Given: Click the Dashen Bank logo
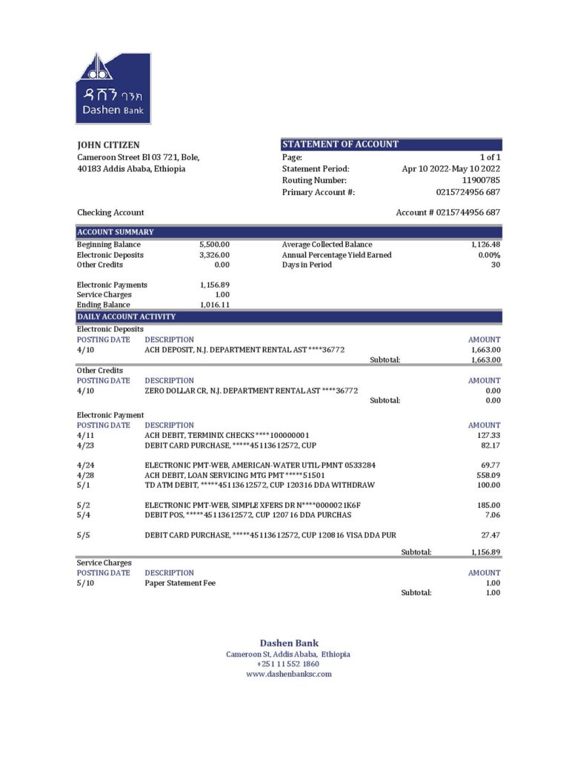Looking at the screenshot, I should pyautogui.click(x=113, y=88).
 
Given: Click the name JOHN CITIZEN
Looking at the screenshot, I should pyautogui.click(x=108, y=145).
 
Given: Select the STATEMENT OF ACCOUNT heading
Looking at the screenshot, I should pyautogui.click(x=340, y=145).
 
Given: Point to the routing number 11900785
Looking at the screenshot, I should pyautogui.click(x=481, y=180).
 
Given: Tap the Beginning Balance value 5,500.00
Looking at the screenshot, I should pyautogui.click(x=214, y=245).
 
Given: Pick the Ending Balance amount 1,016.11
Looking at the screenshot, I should pyautogui.click(x=214, y=305).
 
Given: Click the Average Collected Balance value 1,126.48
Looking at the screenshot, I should pyautogui.click(x=485, y=245).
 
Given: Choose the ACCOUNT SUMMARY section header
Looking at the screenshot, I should pyautogui.click(x=116, y=232).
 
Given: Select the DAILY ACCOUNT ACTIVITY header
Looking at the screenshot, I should pyautogui.click(x=126, y=316).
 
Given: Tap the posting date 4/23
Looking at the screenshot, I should pyautogui.click(x=86, y=445).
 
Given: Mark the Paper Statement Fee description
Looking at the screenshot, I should pyautogui.click(x=180, y=583).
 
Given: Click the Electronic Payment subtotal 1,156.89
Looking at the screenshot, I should pyautogui.click(x=485, y=552).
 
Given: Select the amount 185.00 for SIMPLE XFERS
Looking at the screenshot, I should pyautogui.click(x=488, y=505).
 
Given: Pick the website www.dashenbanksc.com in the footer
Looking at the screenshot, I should pyautogui.click(x=289, y=675).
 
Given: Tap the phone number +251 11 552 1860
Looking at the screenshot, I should pyautogui.click(x=288, y=665).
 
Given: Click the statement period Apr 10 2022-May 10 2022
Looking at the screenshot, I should pyautogui.click(x=451, y=169).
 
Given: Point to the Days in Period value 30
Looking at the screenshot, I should pyautogui.click(x=495, y=265).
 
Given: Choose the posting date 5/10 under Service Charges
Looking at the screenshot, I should pyautogui.click(x=86, y=583).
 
